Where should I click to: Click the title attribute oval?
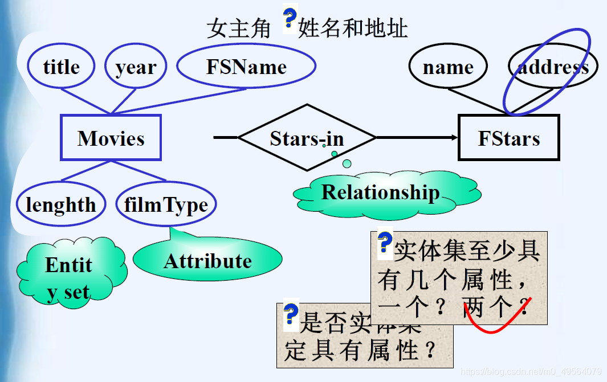[x=61, y=67]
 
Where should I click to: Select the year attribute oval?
[x=136, y=67]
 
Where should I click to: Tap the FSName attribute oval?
[x=246, y=67]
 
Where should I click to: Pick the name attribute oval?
[x=448, y=67]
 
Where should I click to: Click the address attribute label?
[x=553, y=67]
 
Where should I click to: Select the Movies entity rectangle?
[x=111, y=138]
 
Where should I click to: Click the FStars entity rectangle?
[x=509, y=138]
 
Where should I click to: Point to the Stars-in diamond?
[x=307, y=138]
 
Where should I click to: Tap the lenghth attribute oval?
[x=61, y=204]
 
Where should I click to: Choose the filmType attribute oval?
[x=166, y=204]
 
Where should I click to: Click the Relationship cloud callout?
[x=381, y=193]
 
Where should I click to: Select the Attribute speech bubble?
[x=207, y=261]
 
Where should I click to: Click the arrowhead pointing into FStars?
[x=454, y=138]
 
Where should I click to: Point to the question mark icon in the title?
[x=290, y=19]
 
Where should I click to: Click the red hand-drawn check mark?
[x=496, y=319]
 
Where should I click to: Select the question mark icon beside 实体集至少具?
[x=385, y=243]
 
